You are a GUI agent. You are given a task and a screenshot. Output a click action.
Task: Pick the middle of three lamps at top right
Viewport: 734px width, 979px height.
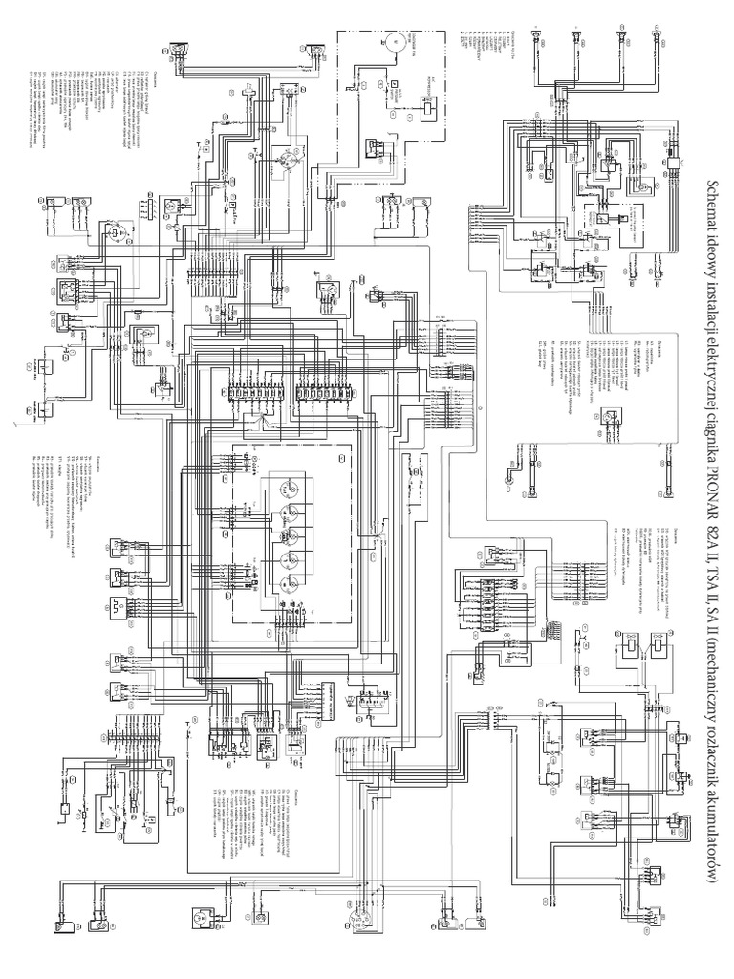[x=576, y=37]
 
